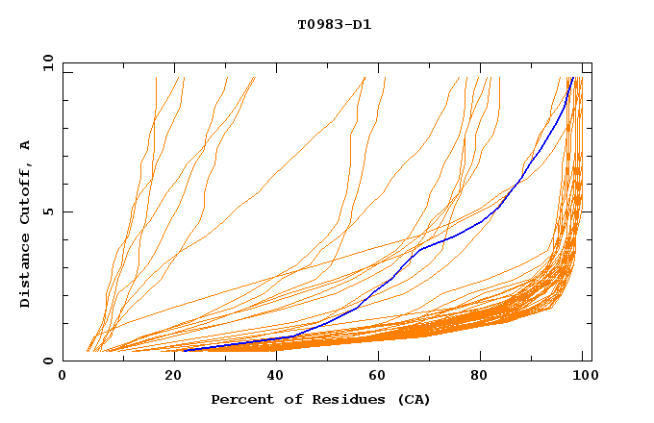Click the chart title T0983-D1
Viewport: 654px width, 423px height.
(x=334, y=25)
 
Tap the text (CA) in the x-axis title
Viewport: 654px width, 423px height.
(x=413, y=399)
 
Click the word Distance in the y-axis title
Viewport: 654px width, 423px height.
(x=26, y=274)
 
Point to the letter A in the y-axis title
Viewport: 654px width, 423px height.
(x=26, y=145)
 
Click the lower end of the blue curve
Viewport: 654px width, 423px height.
(x=183, y=350)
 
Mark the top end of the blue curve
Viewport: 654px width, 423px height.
(x=573, y=78)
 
